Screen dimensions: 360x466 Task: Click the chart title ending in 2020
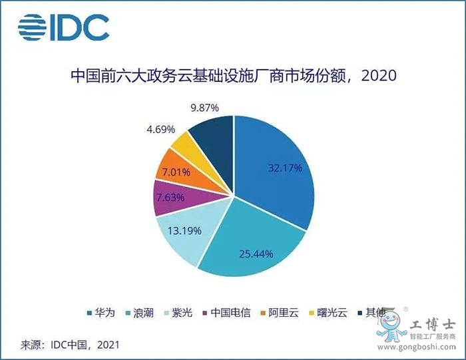coord(233,76)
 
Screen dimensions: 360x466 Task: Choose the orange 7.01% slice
coord(174,172)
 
